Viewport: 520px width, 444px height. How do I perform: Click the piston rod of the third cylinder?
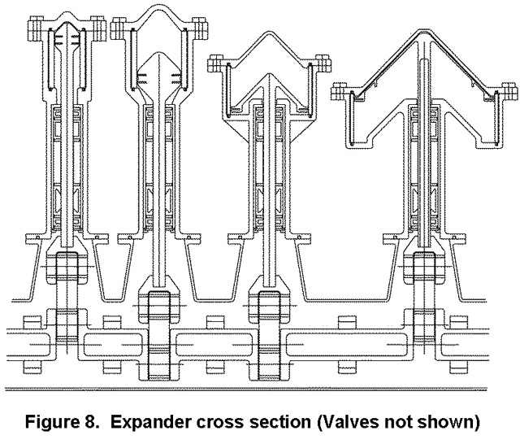pyautogui.click(x=268, y=203)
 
